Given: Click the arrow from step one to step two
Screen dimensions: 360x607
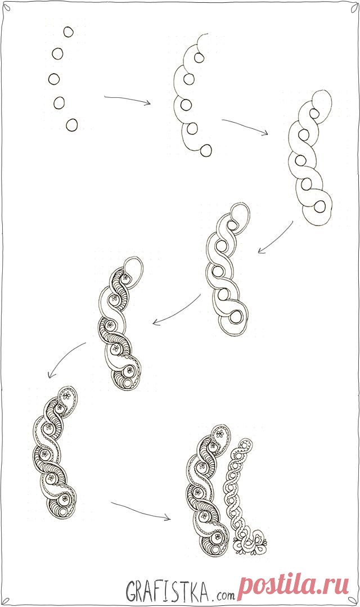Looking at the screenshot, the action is (127, 100).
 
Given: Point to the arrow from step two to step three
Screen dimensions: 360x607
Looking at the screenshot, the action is (245, 126).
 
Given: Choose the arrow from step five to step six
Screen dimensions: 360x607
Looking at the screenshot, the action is (64, 358).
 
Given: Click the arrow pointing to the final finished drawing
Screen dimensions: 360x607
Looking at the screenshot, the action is (141, 511).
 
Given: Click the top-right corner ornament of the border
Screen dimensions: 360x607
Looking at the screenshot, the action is (354, 8).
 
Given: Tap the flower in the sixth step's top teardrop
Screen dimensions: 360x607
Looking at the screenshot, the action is (66, 395).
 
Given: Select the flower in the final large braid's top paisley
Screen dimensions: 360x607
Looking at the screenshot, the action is (220, 433).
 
